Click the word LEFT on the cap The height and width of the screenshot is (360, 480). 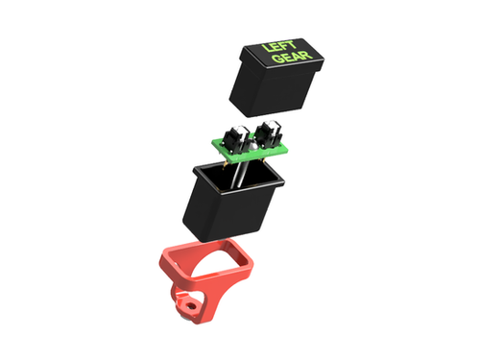click(x=277, y=47)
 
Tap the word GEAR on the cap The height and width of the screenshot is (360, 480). click(x=292, y=58)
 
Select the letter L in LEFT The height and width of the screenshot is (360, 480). click(x=266, y=49)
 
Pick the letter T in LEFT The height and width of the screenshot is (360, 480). click(x=290, y=45)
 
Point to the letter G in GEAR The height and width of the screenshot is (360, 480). click(x=277, y=60)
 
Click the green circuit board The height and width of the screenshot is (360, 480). click(x=250, y=149)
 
